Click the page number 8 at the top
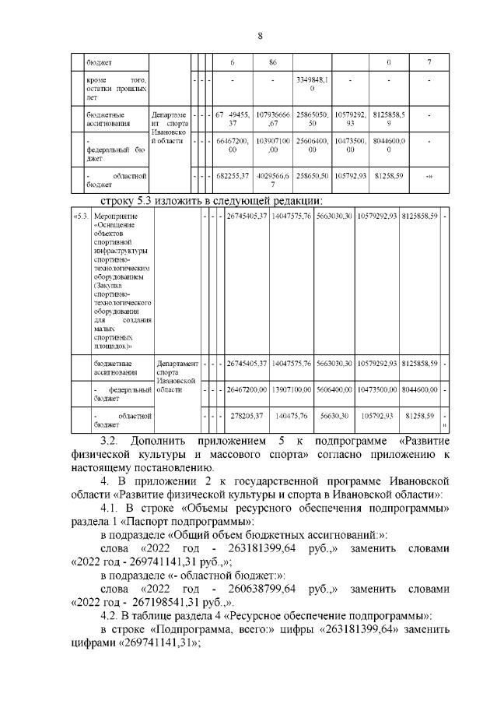(x=261, y=35)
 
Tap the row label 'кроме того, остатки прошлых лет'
(x=116, y=89)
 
